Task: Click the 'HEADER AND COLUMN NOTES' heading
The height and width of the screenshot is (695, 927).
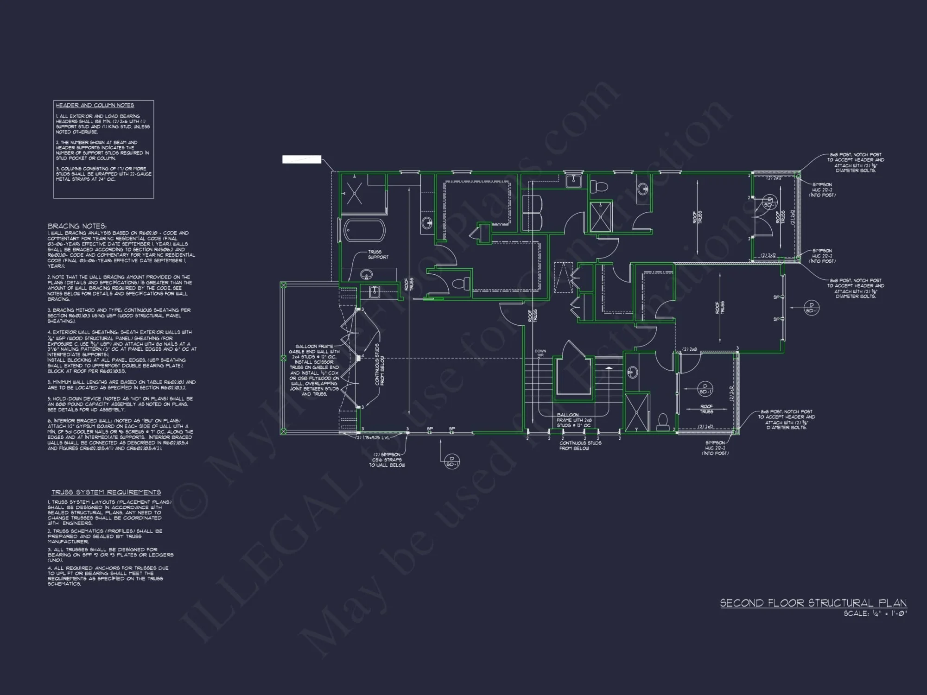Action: pos(95,105)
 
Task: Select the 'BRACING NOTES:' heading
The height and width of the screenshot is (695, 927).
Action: pos(76,226)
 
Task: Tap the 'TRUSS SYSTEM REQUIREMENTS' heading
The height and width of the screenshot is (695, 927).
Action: pos(106,492)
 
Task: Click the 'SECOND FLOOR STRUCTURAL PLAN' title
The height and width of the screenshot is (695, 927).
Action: pos(813,603)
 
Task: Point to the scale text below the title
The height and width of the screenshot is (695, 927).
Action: pos(875,613)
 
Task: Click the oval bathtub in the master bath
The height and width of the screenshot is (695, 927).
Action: pos(364,230)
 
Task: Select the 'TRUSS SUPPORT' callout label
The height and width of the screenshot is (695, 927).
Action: pos(378,254)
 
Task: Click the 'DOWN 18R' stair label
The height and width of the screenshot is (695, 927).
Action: pos(540,353)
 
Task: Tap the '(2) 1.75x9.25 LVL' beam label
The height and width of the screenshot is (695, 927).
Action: pos(373,438)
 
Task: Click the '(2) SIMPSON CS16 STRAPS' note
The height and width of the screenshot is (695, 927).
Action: pos(387,460)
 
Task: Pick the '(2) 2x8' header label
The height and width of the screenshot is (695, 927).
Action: pos(690,349)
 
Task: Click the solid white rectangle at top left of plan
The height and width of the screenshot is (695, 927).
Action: pos(302,159)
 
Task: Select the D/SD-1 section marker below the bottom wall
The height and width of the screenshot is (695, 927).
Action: pos(452,461)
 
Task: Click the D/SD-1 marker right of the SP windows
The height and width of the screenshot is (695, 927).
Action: pos(811,308)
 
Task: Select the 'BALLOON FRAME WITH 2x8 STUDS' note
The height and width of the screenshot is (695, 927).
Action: pos(574,420)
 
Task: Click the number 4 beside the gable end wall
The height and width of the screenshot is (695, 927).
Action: pos(363,356)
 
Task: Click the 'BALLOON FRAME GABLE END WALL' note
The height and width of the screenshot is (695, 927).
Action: pos(314,370)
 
